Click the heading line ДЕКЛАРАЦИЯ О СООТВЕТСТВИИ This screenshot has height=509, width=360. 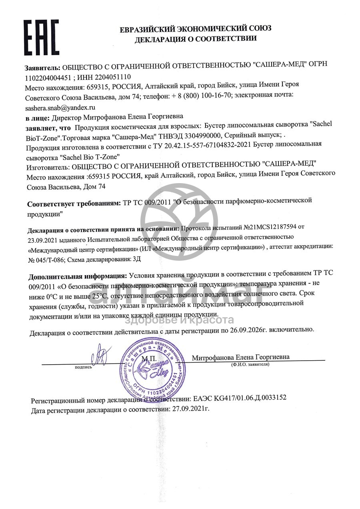(x=196, y=39)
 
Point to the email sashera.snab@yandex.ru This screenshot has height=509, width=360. (x=60, y=108)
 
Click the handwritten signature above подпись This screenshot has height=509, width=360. (x=99, y=353)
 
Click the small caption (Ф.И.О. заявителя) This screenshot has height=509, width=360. (x=250, y=365)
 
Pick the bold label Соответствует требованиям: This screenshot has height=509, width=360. (x=74, y=204)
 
